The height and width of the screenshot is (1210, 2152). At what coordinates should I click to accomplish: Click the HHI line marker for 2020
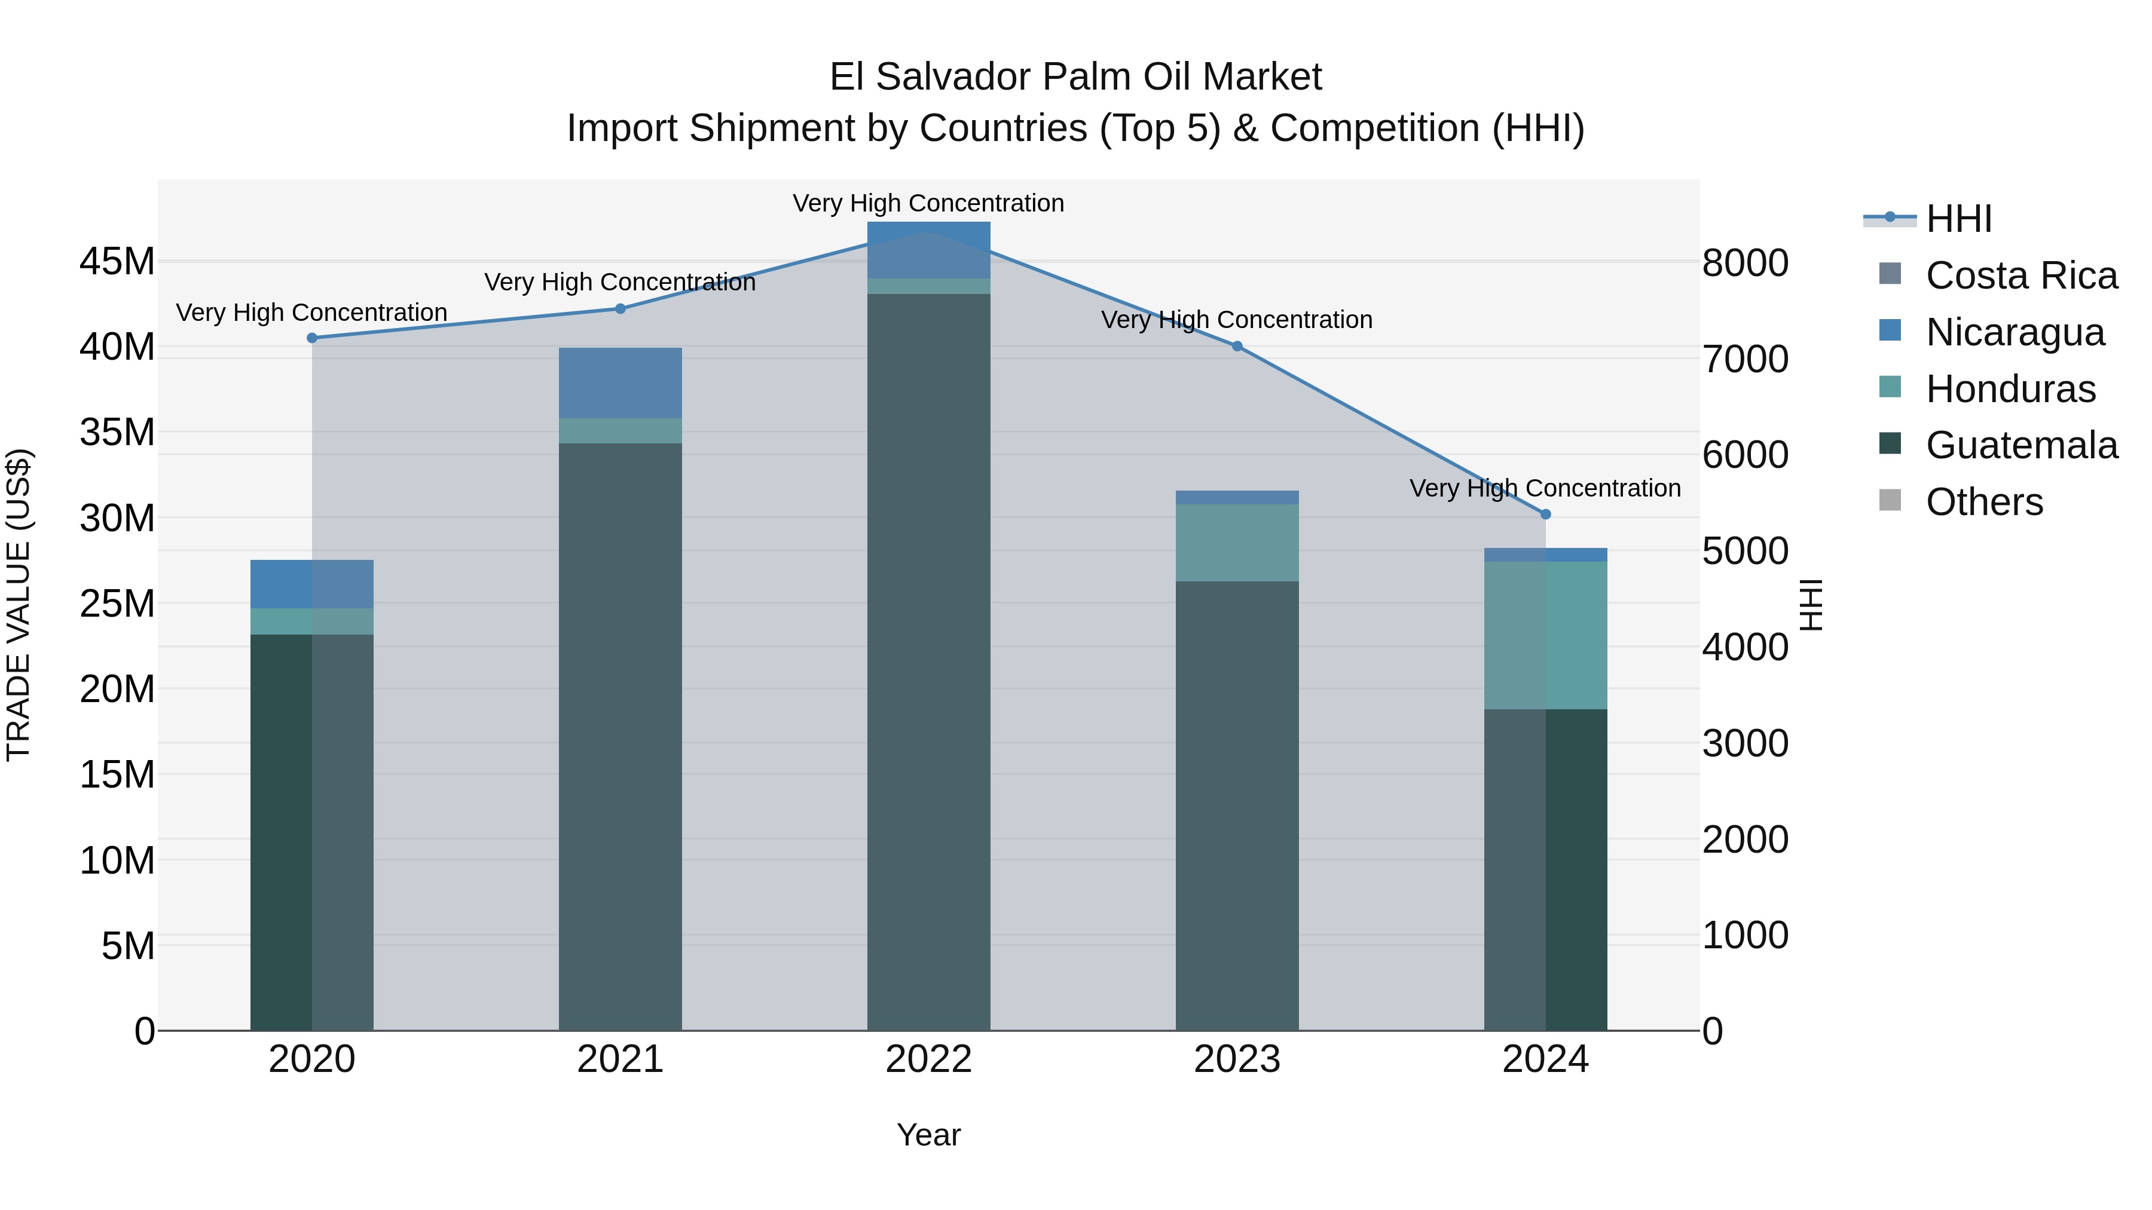pos(311,338)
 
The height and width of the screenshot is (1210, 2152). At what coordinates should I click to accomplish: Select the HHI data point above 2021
pos(620,309)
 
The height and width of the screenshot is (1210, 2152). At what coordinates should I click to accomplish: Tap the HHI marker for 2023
pos(1237,347)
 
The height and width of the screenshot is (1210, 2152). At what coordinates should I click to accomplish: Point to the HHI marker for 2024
pos(1545,514)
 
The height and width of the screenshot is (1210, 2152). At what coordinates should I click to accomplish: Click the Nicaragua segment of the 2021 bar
pos(620,383)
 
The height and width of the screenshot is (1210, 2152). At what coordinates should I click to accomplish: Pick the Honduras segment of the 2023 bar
pos(1237,543)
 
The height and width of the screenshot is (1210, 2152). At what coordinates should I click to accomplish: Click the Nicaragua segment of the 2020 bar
pos(311,584)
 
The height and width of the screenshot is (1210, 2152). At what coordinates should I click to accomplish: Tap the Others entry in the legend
pos(1983,502)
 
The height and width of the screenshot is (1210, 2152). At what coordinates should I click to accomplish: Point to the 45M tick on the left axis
pos(117,261)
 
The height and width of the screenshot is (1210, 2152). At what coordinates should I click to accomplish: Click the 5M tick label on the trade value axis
pos(127,946)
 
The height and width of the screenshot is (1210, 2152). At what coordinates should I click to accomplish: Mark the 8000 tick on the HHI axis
pos(1745,263)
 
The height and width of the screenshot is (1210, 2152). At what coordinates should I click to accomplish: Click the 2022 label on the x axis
pos(928,1059)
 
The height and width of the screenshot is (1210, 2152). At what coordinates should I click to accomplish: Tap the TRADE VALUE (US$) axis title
pos(19,605)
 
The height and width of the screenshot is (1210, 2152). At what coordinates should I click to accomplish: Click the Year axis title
pos(928,1135)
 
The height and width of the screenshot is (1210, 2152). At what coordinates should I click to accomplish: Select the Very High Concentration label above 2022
pos(928,203)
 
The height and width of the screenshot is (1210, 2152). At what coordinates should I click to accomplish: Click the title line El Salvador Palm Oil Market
pos(1075,77)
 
